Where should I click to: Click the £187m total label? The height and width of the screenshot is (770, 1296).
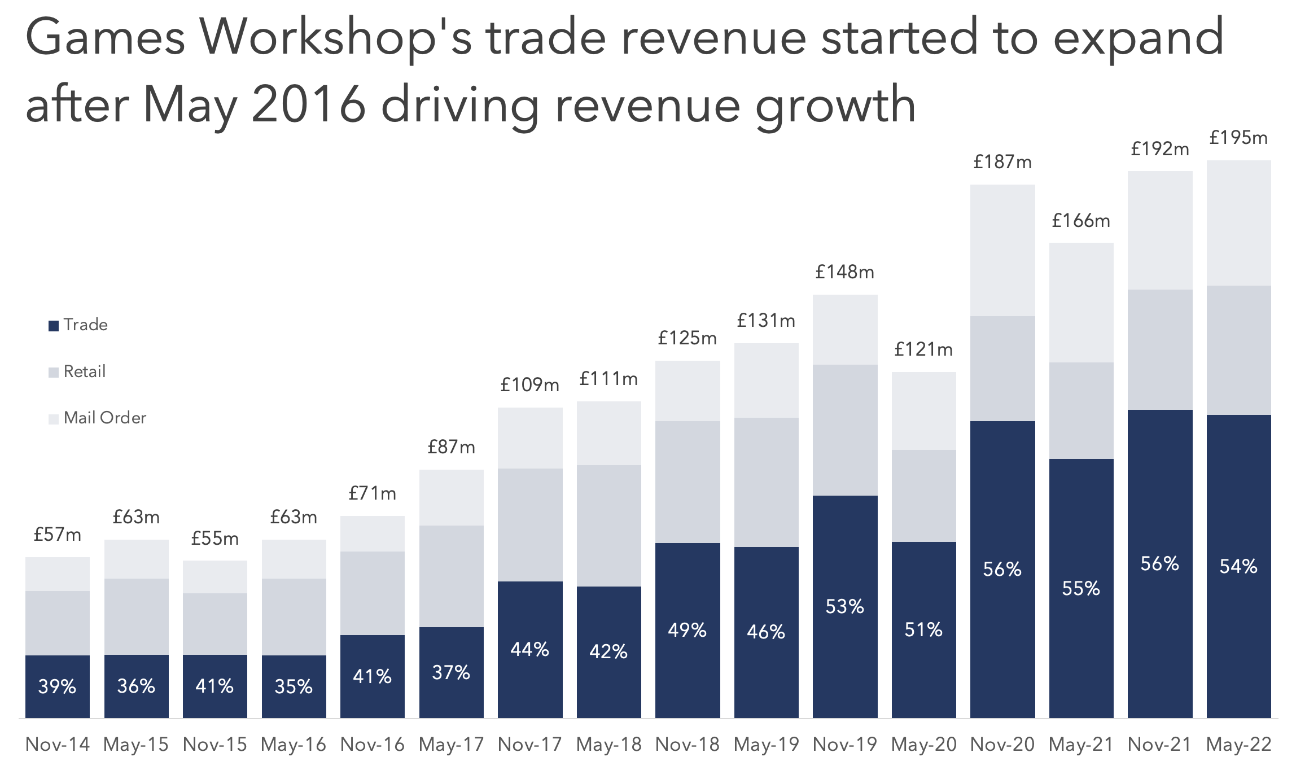point(1002,163)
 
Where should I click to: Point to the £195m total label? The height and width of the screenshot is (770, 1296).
point(1238,138)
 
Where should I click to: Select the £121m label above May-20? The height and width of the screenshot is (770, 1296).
point(923,350)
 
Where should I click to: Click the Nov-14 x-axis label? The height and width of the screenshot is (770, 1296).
point(58,745)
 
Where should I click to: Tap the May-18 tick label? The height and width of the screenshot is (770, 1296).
point(609,745)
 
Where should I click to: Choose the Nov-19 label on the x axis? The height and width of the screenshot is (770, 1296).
point(845,745)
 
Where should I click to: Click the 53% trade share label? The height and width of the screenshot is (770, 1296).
point(845,607)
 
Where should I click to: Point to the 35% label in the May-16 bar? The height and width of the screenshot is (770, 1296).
point(294,687)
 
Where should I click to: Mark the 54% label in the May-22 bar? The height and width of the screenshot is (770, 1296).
point(1238,567)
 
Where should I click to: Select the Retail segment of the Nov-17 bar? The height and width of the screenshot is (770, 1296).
point(530,525)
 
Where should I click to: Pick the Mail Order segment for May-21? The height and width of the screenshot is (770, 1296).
point(1081,303)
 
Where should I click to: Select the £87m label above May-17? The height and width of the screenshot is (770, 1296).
point(451,448)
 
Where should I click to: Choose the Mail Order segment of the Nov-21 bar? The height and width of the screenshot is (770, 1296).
point(1160,230)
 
